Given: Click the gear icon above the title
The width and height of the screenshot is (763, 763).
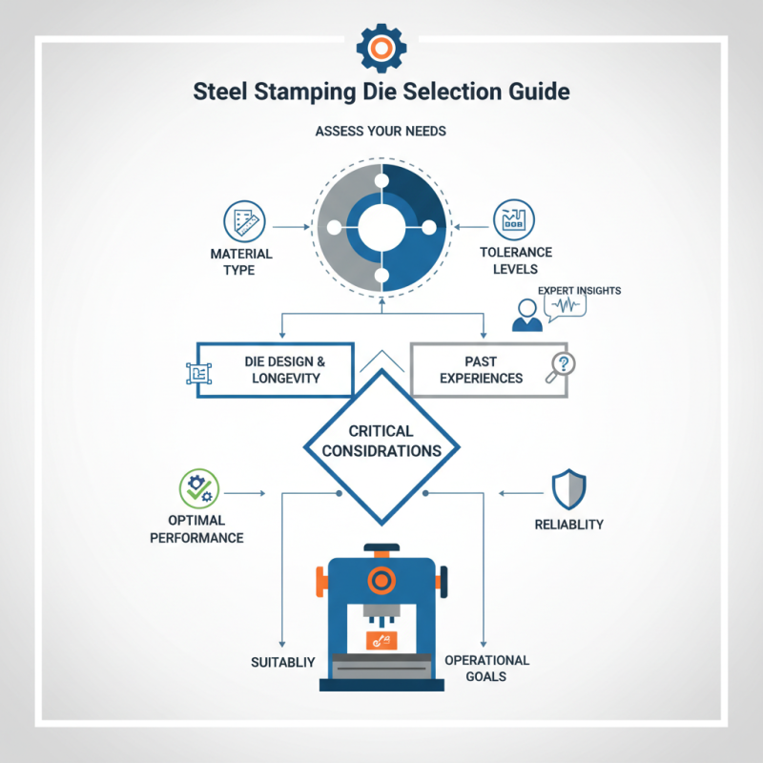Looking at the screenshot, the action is (x=381, y=48).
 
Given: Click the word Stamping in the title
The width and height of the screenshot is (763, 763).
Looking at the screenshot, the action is (x=305, y=93).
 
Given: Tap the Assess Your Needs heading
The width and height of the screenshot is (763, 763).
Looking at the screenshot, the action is (x=381, y=132).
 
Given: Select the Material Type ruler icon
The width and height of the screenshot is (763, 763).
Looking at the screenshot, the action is (x=244, y=221).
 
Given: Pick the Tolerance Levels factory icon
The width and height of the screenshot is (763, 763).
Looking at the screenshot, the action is (x=514, y=220).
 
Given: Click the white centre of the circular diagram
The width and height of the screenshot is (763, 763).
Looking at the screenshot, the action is (x=381, y=227).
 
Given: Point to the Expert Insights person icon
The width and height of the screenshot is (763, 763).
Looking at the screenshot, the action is (x=527, y=316).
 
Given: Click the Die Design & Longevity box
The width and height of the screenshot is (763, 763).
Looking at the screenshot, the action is (x=275, y=370).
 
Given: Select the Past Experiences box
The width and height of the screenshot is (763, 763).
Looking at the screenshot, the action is (x=489, y=370).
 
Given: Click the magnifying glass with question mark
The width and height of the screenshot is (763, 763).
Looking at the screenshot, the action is (x=561, y=367).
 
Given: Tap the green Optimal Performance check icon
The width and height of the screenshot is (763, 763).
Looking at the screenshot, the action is (x=199, y=488).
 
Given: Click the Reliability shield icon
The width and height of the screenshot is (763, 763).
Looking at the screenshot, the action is (x=568, y=489).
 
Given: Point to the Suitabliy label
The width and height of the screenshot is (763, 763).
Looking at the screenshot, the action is (x=282, y=662).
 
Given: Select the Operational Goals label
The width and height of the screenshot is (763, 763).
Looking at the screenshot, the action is (x=486, y=669).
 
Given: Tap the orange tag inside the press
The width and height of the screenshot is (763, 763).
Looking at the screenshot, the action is (x=381, y=641).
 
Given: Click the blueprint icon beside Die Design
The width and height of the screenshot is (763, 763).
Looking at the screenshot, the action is (x=199, y=374).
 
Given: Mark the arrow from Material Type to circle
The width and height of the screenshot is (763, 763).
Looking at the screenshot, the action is (x=291, y=227).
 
